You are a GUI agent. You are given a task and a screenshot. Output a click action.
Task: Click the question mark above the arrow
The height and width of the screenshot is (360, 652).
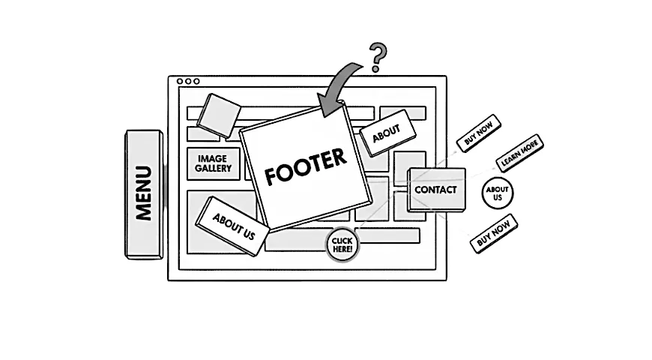coord(379,57)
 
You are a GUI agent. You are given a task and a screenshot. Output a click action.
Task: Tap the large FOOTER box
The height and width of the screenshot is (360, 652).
coord(306,168)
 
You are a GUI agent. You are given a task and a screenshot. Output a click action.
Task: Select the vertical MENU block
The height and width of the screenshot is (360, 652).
coord(144,193)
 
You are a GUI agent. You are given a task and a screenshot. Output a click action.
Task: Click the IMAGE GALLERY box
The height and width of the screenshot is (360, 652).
coord(212,163)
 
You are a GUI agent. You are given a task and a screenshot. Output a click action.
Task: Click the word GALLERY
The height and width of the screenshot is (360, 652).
coord(212,169)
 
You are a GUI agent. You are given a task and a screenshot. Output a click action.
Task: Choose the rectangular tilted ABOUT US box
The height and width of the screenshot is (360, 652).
coord(232,225)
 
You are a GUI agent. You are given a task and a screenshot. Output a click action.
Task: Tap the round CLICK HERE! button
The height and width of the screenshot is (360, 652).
coord(342,244)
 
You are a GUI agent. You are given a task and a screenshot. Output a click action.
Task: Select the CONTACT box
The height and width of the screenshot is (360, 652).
coord(436,190)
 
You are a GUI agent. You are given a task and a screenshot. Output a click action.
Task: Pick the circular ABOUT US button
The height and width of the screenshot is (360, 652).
coord(498,193)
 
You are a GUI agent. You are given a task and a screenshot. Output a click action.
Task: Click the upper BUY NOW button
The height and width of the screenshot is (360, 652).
coord(479,133)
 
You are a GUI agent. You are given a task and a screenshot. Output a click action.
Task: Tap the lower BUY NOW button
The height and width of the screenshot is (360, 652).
coord(494,232)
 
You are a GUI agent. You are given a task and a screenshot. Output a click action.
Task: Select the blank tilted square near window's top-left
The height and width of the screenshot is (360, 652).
coord(222,115)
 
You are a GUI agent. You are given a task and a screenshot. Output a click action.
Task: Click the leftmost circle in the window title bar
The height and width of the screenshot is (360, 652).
coord(180,81)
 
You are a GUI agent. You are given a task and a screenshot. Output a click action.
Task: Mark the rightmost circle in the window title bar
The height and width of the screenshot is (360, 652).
coord(196,81)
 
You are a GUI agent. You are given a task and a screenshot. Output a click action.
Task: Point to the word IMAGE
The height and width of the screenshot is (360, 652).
coord(212,159)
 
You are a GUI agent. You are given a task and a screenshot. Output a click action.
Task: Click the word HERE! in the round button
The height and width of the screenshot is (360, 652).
coord(342,249)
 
